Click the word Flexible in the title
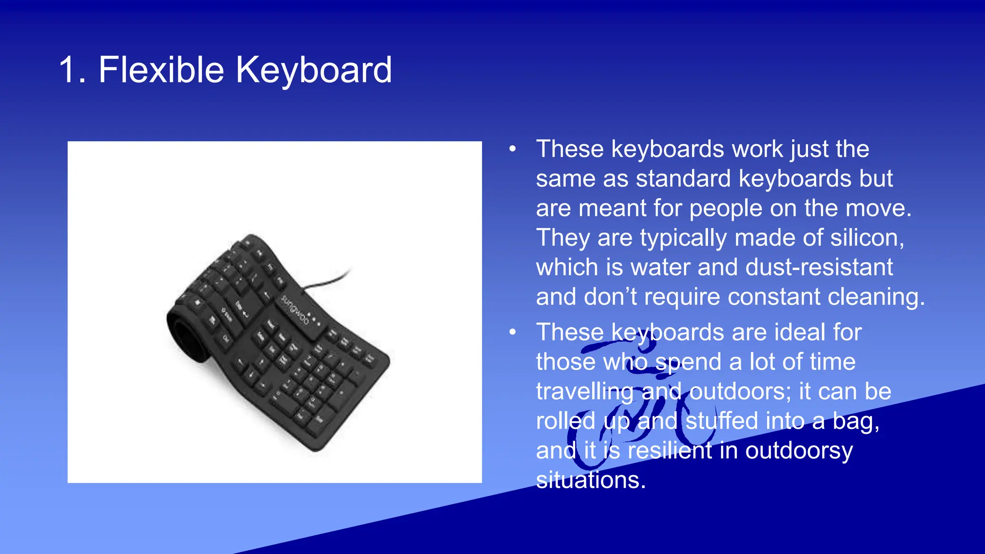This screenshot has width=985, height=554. pos(161,70)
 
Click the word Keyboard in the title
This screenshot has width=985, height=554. pos(314,70)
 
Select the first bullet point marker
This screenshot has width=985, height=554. pos(513,149)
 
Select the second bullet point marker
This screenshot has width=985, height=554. pos(513,332)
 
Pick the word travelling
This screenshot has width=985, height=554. pos(584,392)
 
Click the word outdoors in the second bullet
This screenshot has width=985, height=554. pos(740,391)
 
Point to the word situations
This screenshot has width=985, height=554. pos(591,480)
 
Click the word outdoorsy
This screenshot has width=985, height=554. pos(799,451)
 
